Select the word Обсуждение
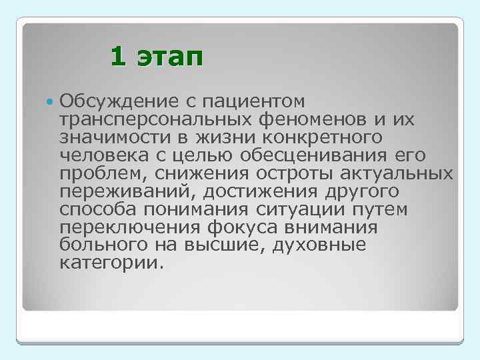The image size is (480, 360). (113, 101)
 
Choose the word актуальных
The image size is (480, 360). (393, 174)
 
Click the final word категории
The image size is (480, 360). (109, 264)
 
